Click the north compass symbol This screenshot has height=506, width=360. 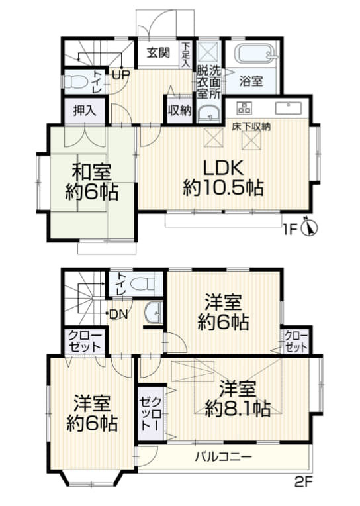(x=310, y=228)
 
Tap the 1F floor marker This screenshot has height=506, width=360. (x=289, y=229)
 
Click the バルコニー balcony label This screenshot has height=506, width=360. (x=223, y=456)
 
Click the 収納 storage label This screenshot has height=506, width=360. (x=179, y=111)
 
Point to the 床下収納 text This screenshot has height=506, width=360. (x=251, y=126)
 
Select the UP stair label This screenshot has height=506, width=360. (x=120, y=74)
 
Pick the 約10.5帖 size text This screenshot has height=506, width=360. (x=223, y=188)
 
